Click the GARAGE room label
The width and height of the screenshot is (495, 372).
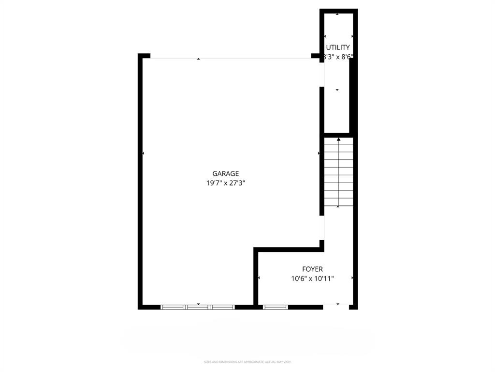coord(225,173)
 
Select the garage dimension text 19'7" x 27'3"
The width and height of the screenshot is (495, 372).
coord(225,183)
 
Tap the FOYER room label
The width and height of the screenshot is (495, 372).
coord(312,269)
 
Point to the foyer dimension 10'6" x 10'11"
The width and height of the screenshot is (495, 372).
coord(312,279)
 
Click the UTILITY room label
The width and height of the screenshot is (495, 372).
coord(338,47)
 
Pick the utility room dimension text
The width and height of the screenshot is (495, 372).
coord(338,57)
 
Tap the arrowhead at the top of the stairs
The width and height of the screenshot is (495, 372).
coord(338,139)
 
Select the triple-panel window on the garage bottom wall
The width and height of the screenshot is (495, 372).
coord(197,307)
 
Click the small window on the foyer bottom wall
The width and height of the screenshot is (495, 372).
coord(275,307)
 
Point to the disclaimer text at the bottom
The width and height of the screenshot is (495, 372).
coord(247,362)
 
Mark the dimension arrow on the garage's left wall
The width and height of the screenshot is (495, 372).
coord(143,154)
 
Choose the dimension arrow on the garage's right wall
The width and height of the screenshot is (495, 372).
coord(319,154)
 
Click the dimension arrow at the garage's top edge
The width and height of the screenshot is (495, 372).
coord(198,59)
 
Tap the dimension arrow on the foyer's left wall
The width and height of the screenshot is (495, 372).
coord(259,278)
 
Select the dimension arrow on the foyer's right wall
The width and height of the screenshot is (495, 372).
coord(352,278)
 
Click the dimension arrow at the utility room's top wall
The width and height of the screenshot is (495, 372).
coord(337,14)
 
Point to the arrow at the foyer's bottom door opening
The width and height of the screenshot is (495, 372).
coord(337,304)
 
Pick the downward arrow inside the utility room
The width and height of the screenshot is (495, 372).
coord(337,90)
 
